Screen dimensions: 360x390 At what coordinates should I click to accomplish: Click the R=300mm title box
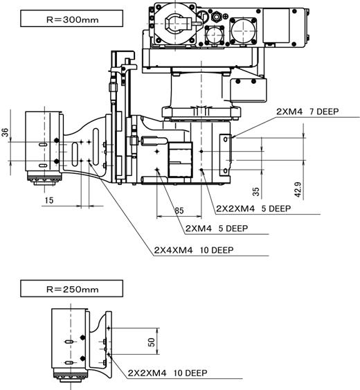pyautogui.click(x=71, y=19)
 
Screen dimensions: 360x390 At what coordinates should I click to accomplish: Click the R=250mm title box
pyautogui.click(x=71, y=288)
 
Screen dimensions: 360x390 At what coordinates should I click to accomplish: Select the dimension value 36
pyautogui.click(x=5, y=132)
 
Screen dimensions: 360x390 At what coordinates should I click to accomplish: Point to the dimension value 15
pyautogui.click(x=49, y=200)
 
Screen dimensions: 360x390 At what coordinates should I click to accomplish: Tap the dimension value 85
pyautogui.click(x=179, y=211)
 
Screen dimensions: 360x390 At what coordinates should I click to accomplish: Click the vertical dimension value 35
pyautogui.click(x=255, y=191)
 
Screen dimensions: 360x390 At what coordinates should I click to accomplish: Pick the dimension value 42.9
pyautogui.click(x=298, y=190)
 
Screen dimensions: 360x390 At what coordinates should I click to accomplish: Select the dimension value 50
pyautogui.click(x=152, y=342)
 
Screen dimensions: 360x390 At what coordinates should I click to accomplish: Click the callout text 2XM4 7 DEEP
pyautogui.click(x=307, y=112)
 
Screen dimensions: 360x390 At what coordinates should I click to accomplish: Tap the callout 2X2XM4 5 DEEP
pyautogui.click(x=253, y=209)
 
